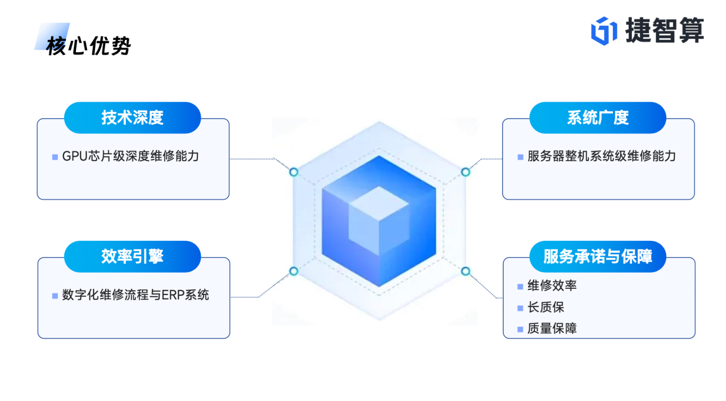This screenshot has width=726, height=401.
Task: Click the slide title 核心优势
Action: click(x=88, y=46)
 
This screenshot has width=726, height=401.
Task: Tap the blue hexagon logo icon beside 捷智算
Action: click(x=603, y=31)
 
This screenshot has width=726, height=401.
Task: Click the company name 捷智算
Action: click(x=664, y=30)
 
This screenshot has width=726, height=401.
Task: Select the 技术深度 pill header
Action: click(x=133, y=117)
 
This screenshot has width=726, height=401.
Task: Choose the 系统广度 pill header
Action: click(x=598, y=117)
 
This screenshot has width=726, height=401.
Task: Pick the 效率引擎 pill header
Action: click(x=133, y=257)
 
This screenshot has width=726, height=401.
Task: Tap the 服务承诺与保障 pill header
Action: click(x=598, y=257)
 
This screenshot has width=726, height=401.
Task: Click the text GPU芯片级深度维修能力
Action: click(x=131, y=156)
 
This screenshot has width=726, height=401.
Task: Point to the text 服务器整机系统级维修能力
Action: click(x=602, y=156)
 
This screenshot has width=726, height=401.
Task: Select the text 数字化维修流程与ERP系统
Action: click(x=135, y=295)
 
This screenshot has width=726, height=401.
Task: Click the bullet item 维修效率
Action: click(x=552, y=286)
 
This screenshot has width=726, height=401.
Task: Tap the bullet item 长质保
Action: click(x=546, y=307)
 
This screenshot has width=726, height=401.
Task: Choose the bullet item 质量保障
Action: click(x=552, y=329)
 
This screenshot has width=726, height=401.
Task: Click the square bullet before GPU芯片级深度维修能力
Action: click(x=55, y=157)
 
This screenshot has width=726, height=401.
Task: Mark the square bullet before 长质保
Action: click(x=520, y=308)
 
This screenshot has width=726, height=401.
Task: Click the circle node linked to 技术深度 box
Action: click(x=294, y=172)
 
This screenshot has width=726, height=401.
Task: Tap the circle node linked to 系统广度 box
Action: click(x=466, y=172)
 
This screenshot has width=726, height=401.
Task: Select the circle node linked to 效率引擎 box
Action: click(x=294, y=271)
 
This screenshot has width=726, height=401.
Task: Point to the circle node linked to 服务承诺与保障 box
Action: click(x=466, y=271)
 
